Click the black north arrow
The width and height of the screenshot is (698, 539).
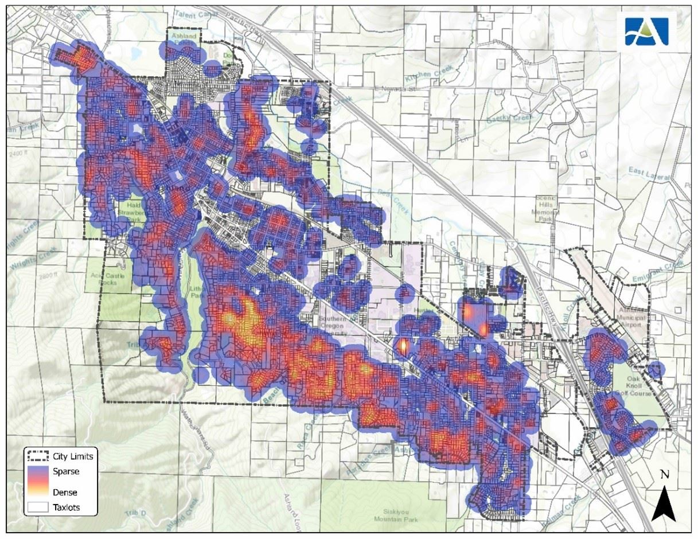click(664, 505)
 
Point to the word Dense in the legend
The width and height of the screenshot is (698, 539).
click(65, 492)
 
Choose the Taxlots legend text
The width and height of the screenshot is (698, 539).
click(67, 507)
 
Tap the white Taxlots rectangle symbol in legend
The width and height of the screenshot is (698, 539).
click(36, 507)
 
